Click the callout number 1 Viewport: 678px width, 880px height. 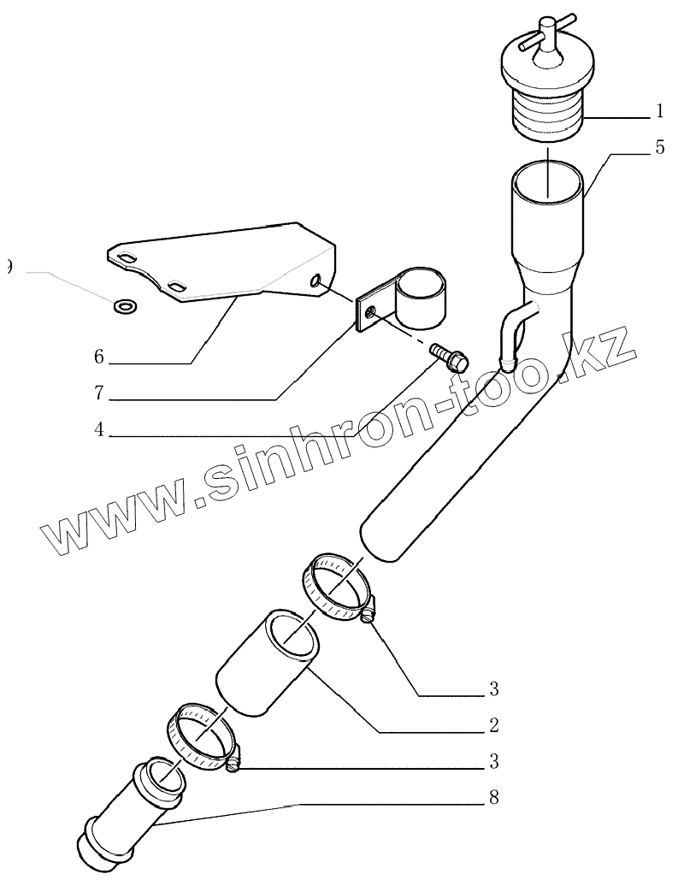pyautogui.click(x=659, y=111)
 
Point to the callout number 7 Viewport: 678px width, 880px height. pyautogui.click(x=99, y=394)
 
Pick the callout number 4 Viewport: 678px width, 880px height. pyautogui.click(x=99, y=431)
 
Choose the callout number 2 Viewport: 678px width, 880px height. pyautogui.click(x=493, y=726)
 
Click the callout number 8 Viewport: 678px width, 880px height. pyautogui.click(x=493, y=798)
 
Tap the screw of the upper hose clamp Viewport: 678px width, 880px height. pyautogui.click(x=368, y=614)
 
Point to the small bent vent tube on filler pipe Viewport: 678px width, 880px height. pyautogui.click(x=514, y=334)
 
